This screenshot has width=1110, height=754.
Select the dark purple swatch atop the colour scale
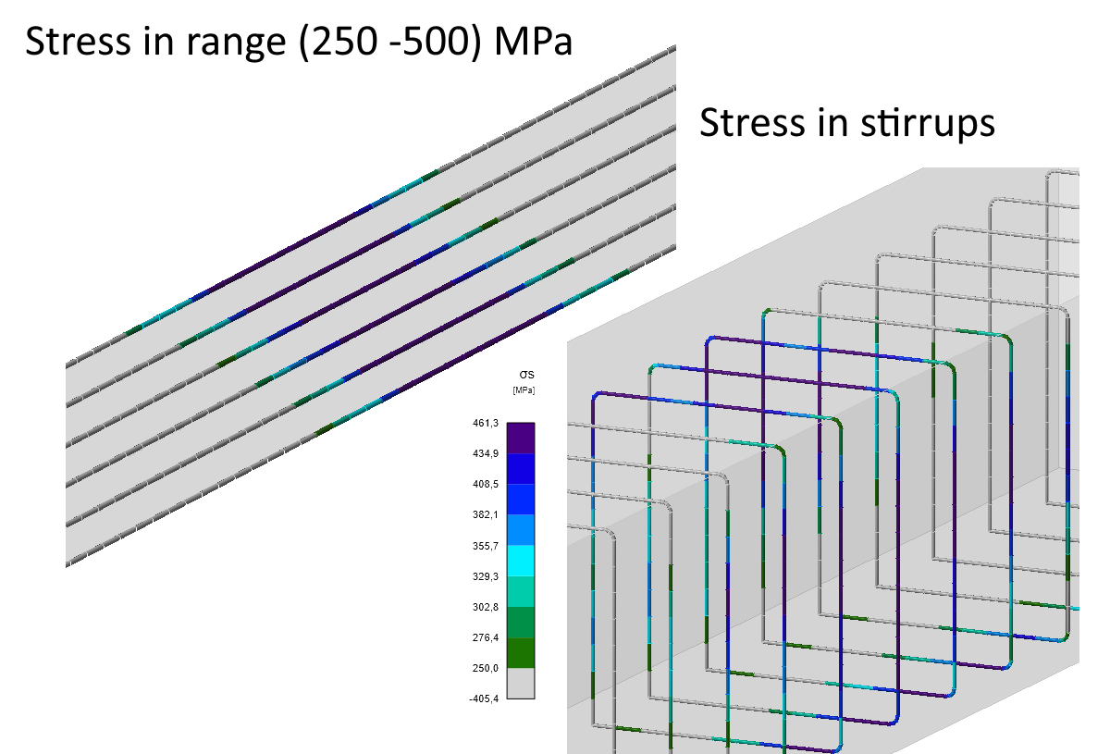tap(521, 438)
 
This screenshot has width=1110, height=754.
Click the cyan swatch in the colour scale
tap(521, 560)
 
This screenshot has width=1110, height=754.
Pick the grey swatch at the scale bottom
tap(521, 683)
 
